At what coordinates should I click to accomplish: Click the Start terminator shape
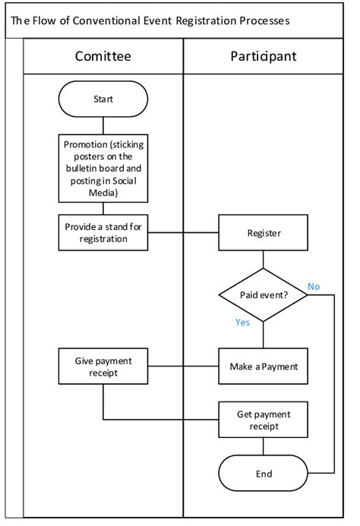[x=103, y=99]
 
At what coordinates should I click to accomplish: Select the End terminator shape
[x=263, y=474]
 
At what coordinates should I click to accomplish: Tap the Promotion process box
[x=103, y=168]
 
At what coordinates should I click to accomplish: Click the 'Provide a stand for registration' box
[x=103, y=232]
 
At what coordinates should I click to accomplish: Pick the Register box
[x=263, y=232]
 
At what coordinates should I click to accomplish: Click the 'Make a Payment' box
[x=263, y=367]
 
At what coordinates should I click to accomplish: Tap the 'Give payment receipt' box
[x=103, y=367]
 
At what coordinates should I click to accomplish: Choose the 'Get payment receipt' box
[x=263, y=420]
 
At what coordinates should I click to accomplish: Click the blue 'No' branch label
[x=314, y=286]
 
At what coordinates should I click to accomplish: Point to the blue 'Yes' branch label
[x=243, y=322]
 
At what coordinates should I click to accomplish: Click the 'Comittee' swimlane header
[x=103, y=56]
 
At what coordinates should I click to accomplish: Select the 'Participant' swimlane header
[x=263, y=56]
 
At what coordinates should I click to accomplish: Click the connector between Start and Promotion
[x=103, y=125]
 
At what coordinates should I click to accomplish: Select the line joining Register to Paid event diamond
[x=263, y=259]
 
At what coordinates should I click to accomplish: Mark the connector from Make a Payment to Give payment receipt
[x=182, y=367]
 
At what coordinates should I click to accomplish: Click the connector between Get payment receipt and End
[x=263, y=448]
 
